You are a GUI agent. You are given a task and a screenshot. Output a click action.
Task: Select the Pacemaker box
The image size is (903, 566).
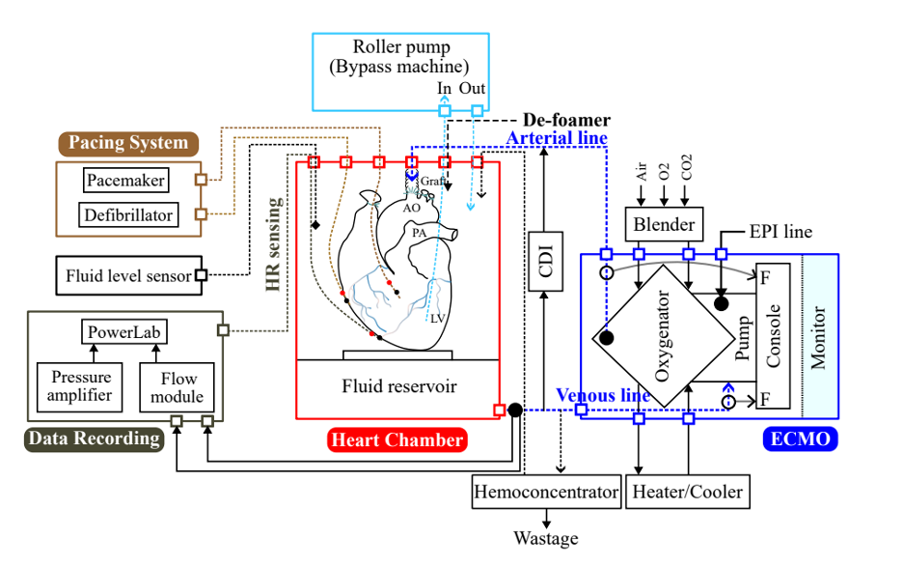(x=125, y=180)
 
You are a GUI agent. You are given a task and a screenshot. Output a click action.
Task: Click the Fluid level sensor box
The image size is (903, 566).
(x=128, y=275)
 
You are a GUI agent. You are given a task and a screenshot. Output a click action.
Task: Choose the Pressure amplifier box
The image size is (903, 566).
(x=81, y=385)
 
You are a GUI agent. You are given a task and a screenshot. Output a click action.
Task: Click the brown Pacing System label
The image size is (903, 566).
(x=127, y=143)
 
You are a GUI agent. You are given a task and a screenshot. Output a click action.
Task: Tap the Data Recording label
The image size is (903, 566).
(x=94, y=439)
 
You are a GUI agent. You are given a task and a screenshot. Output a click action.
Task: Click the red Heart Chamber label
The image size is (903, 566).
(x=397, y=440)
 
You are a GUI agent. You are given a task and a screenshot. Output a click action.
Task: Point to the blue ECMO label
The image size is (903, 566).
(x=801, y=440)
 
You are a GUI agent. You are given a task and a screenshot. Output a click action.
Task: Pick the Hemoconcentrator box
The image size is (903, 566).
(x=545, y=492)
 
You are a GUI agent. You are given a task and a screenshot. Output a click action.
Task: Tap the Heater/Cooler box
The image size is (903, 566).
(x=688, y=492)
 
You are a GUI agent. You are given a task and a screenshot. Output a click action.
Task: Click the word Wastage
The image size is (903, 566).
(x=546, y=538)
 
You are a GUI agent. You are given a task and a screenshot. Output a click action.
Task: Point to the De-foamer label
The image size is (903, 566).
(x=566, y=121)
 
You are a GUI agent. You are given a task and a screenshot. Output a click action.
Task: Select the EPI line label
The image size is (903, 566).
(x=780, y=232)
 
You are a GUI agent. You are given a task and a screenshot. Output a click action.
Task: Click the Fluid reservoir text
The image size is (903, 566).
(x=398, y=386)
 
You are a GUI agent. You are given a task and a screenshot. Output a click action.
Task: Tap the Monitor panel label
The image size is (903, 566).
(x=819, y=338)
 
